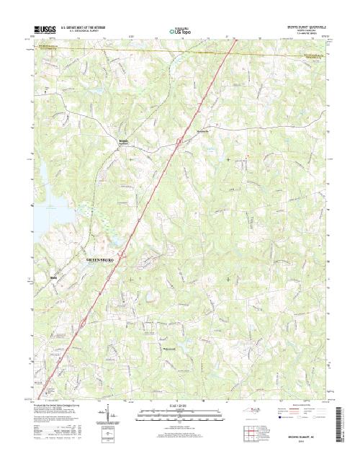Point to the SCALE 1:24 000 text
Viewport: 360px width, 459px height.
[180, 406]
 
